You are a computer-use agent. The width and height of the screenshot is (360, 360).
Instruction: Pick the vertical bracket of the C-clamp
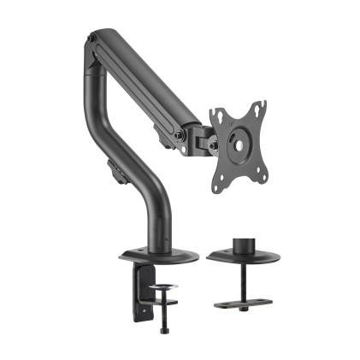[x=138, y=295]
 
